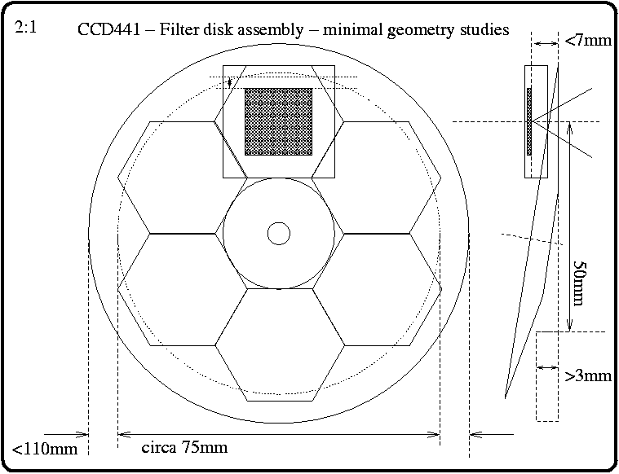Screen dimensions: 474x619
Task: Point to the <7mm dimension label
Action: (x=587, y=40)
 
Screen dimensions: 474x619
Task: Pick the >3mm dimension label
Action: (x=587, y=375)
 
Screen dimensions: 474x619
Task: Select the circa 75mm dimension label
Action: (x=184, y=447)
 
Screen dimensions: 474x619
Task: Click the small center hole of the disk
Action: (x=279, y=234)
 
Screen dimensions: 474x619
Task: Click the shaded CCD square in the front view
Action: (x=279, y=121)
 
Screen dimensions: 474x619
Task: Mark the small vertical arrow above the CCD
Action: (x=231, y=82)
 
